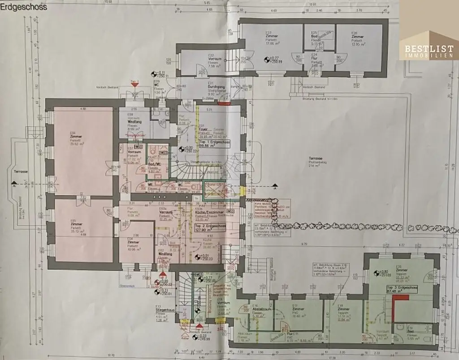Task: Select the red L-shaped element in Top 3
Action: [x=397, y=309]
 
